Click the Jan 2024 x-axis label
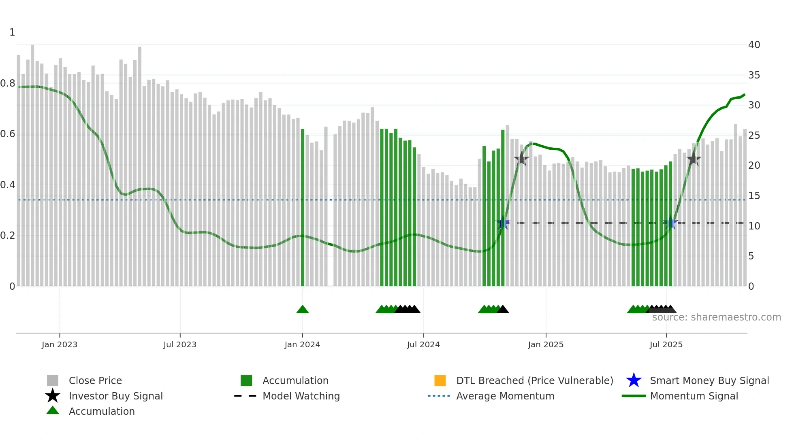(302, 344)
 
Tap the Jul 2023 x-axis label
(180, 344)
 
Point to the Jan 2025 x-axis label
(546, 344)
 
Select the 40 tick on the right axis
(754, 45)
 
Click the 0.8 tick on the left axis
(8, 83)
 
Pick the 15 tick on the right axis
(754, 196)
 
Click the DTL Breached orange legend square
(440, 380)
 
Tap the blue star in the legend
(634, 380)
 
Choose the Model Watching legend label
(301, 396)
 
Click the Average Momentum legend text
(505, 396)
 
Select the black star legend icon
(53, 396)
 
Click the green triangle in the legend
(53, 410)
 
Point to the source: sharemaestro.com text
(716, 317)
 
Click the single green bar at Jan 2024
(303, 206)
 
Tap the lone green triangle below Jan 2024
(303, 310)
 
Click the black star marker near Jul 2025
(694, 159)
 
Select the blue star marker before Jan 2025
(503, 223)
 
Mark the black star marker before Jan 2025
(521, 159)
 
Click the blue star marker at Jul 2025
(670, 223)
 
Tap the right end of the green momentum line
(744, 95)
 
